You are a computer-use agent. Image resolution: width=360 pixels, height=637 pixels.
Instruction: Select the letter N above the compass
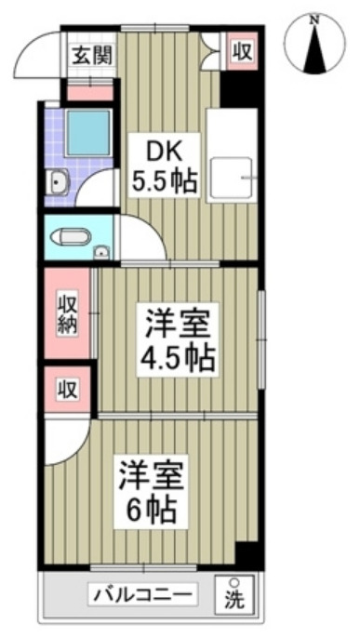tap(314, 19)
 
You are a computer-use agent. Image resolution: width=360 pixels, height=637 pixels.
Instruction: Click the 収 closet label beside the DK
tap(242, 49)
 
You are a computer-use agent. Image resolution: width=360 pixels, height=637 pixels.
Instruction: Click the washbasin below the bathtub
tap(58, 182)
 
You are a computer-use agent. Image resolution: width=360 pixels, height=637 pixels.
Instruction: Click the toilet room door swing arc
tap(140, 237)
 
